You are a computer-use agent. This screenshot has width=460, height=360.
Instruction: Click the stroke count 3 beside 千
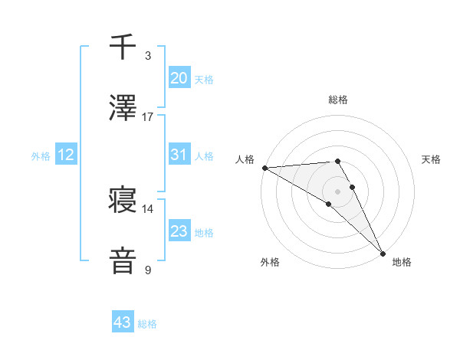point(148,56)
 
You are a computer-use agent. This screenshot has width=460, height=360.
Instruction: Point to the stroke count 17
point(148,116)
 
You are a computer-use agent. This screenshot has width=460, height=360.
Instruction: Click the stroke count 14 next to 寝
point(148,208)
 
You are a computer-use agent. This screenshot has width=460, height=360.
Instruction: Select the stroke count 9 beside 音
point(148,270)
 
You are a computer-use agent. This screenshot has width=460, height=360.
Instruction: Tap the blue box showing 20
point(179,78)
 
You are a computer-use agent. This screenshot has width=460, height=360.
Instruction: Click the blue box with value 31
point(179,155)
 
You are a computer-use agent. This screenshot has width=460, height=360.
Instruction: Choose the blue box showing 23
point(179,231)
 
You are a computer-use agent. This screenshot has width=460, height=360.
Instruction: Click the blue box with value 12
point(66,155)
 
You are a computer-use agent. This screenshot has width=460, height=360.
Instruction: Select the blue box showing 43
point(123,323)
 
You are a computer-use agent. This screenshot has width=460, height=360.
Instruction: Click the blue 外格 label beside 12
point(41,156)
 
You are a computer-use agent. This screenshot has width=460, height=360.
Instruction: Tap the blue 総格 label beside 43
point(147,325)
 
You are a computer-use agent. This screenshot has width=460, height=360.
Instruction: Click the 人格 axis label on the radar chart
point(245,159)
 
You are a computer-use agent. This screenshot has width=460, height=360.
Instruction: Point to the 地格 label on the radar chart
point(402,262)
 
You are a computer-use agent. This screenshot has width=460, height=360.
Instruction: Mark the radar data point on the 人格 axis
point(264,168)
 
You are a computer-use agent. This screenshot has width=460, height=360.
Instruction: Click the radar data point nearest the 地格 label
point(383,253)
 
